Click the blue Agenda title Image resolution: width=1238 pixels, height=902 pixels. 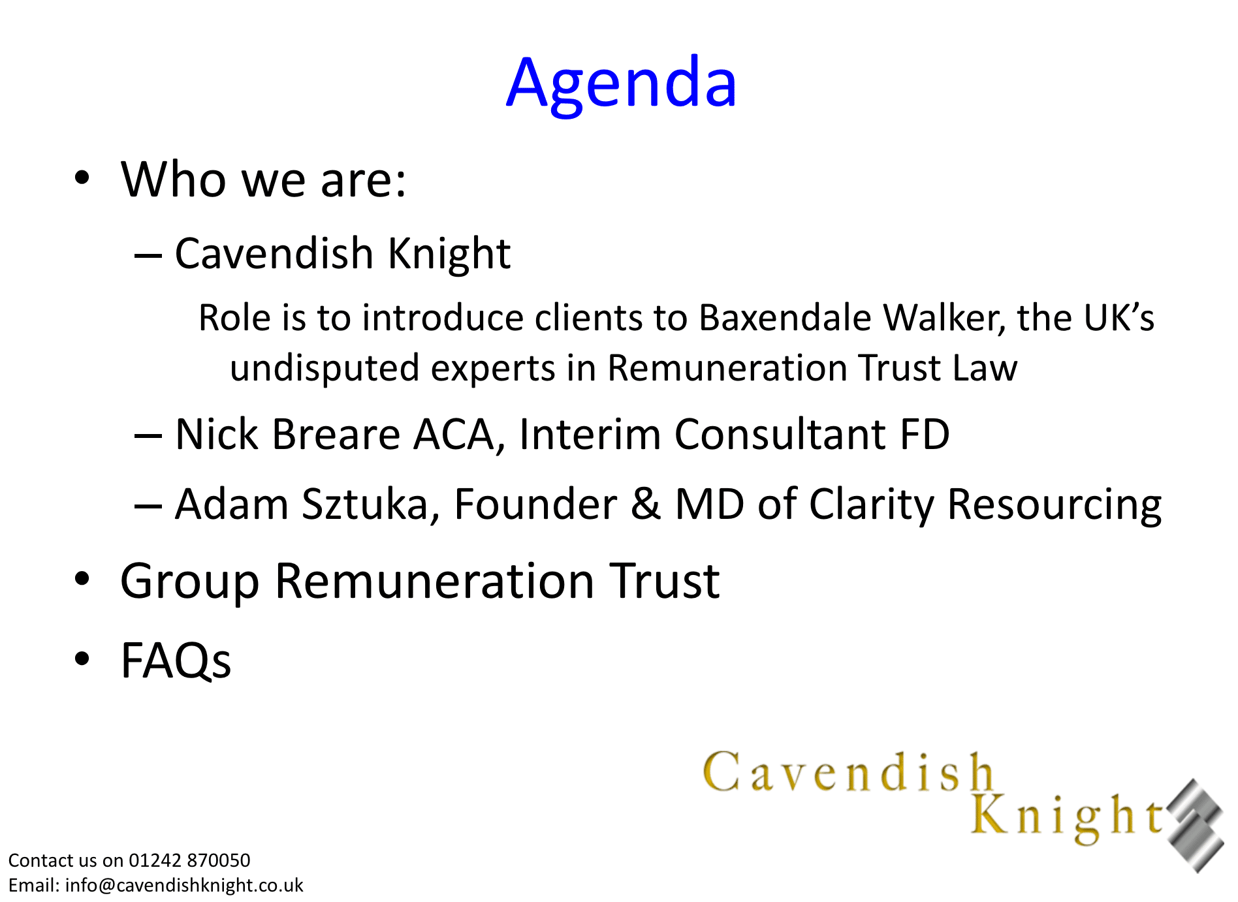pyautogui.click(x=622, y=83)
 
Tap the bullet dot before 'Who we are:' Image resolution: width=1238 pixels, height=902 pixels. pyautogui.click(x=82, y=178)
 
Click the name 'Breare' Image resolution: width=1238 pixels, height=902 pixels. pyautogui.click(x=336, y=434)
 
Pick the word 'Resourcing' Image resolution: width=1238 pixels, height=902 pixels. pyautogui.click(x=1054, y=506)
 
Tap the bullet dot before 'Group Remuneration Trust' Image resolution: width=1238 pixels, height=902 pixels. pyautogui.click(x=82, y=579)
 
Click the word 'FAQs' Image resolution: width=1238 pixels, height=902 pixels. pyautogui.click(x=176, y=661)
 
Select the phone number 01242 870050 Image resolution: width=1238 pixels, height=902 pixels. pyautogui.click(x=189, y=860)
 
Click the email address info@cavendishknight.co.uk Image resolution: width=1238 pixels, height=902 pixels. pyautogui.click(x=184, y=885)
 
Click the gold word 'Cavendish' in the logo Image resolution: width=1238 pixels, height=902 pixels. pyautogui.click(x=848, y=772)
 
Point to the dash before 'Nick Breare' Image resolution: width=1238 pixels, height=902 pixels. pyautogui.click(x=148, y=435)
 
